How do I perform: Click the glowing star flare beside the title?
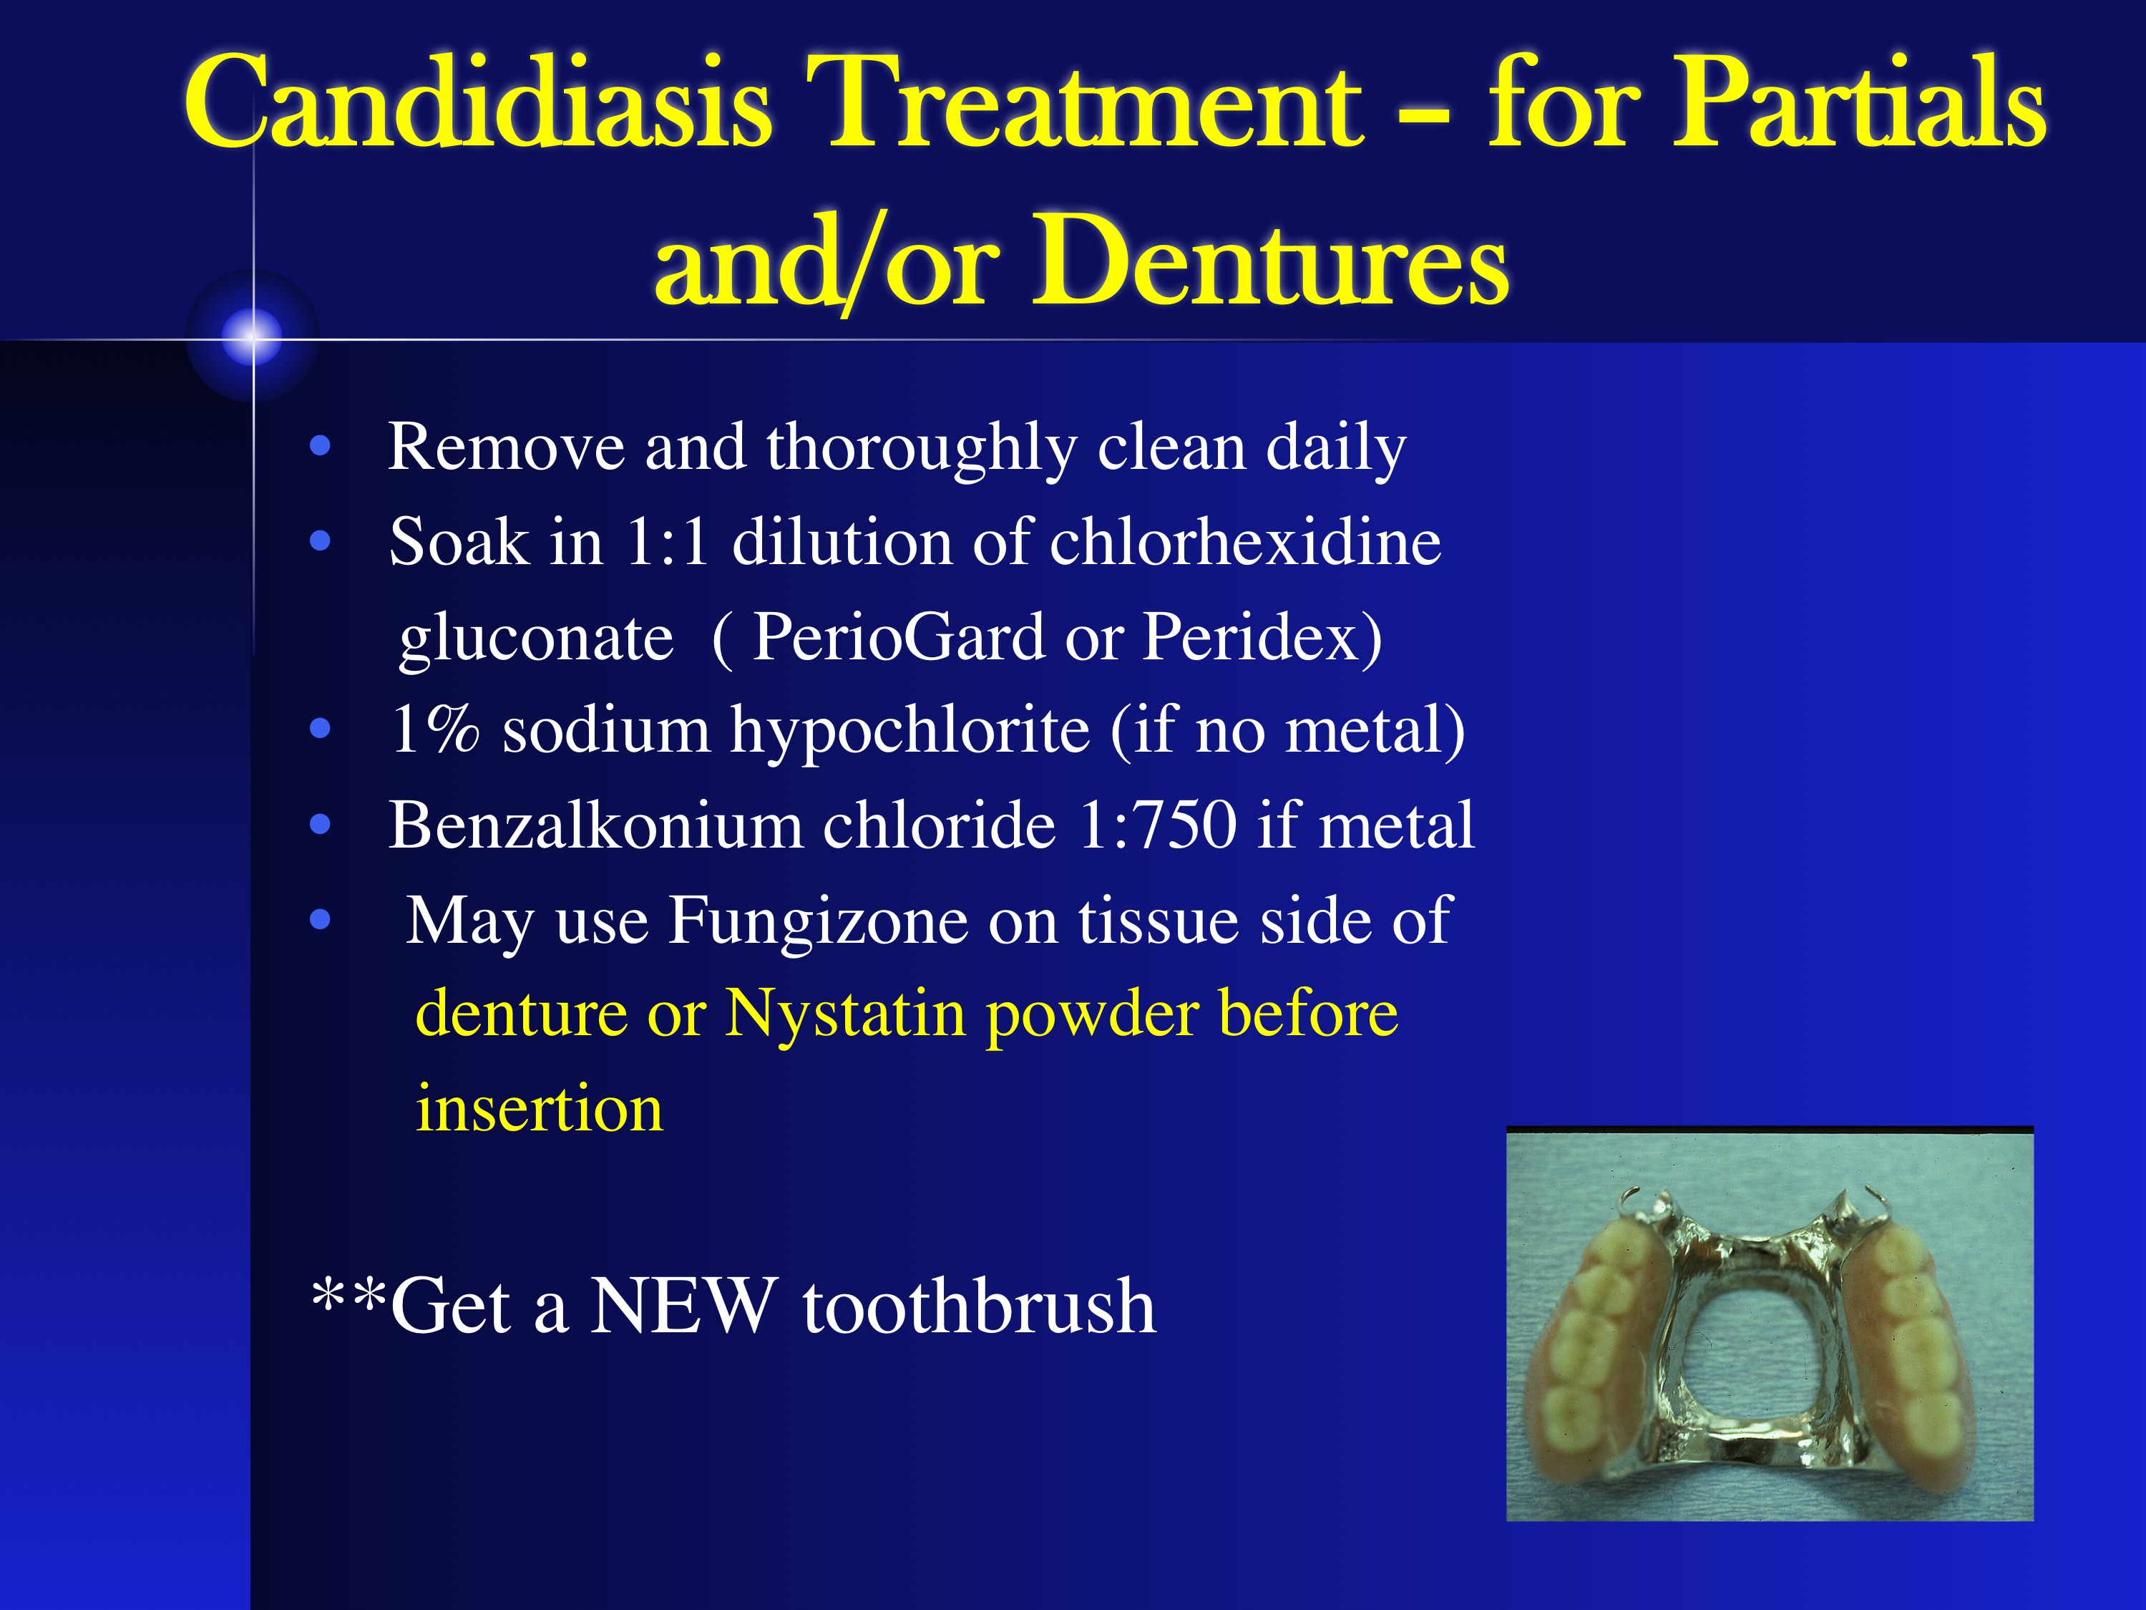[253, 336]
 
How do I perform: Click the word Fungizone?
[818, 921]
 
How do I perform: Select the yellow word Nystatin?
[845, 1015]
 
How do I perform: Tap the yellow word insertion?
[540, 1107]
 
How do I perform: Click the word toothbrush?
[979, 1305]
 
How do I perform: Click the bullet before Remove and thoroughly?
[320, 447]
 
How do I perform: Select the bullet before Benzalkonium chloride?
[320, 825]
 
